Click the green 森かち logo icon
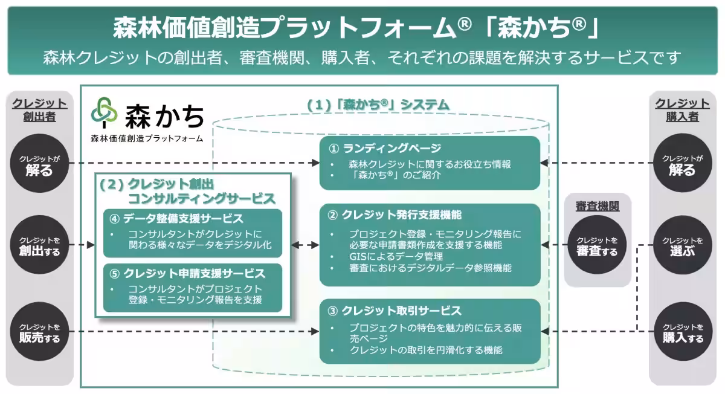pos(104,113)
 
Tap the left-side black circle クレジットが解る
pos(39,163)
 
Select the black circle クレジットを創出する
pos(39,245)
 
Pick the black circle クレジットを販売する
pos(39,332)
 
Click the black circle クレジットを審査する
pos(597,245)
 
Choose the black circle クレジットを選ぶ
pos(682,245)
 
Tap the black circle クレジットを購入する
pos(682,332)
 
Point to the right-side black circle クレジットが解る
pos(682,163)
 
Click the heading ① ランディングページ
pos(385,149)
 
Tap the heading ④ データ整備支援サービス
pos(176,218)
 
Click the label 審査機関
pos(597,207)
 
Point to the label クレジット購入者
pos(682,110)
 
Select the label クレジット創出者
pos(39,110)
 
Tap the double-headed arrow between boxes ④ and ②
pos(305,245)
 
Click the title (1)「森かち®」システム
pos(378,105)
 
